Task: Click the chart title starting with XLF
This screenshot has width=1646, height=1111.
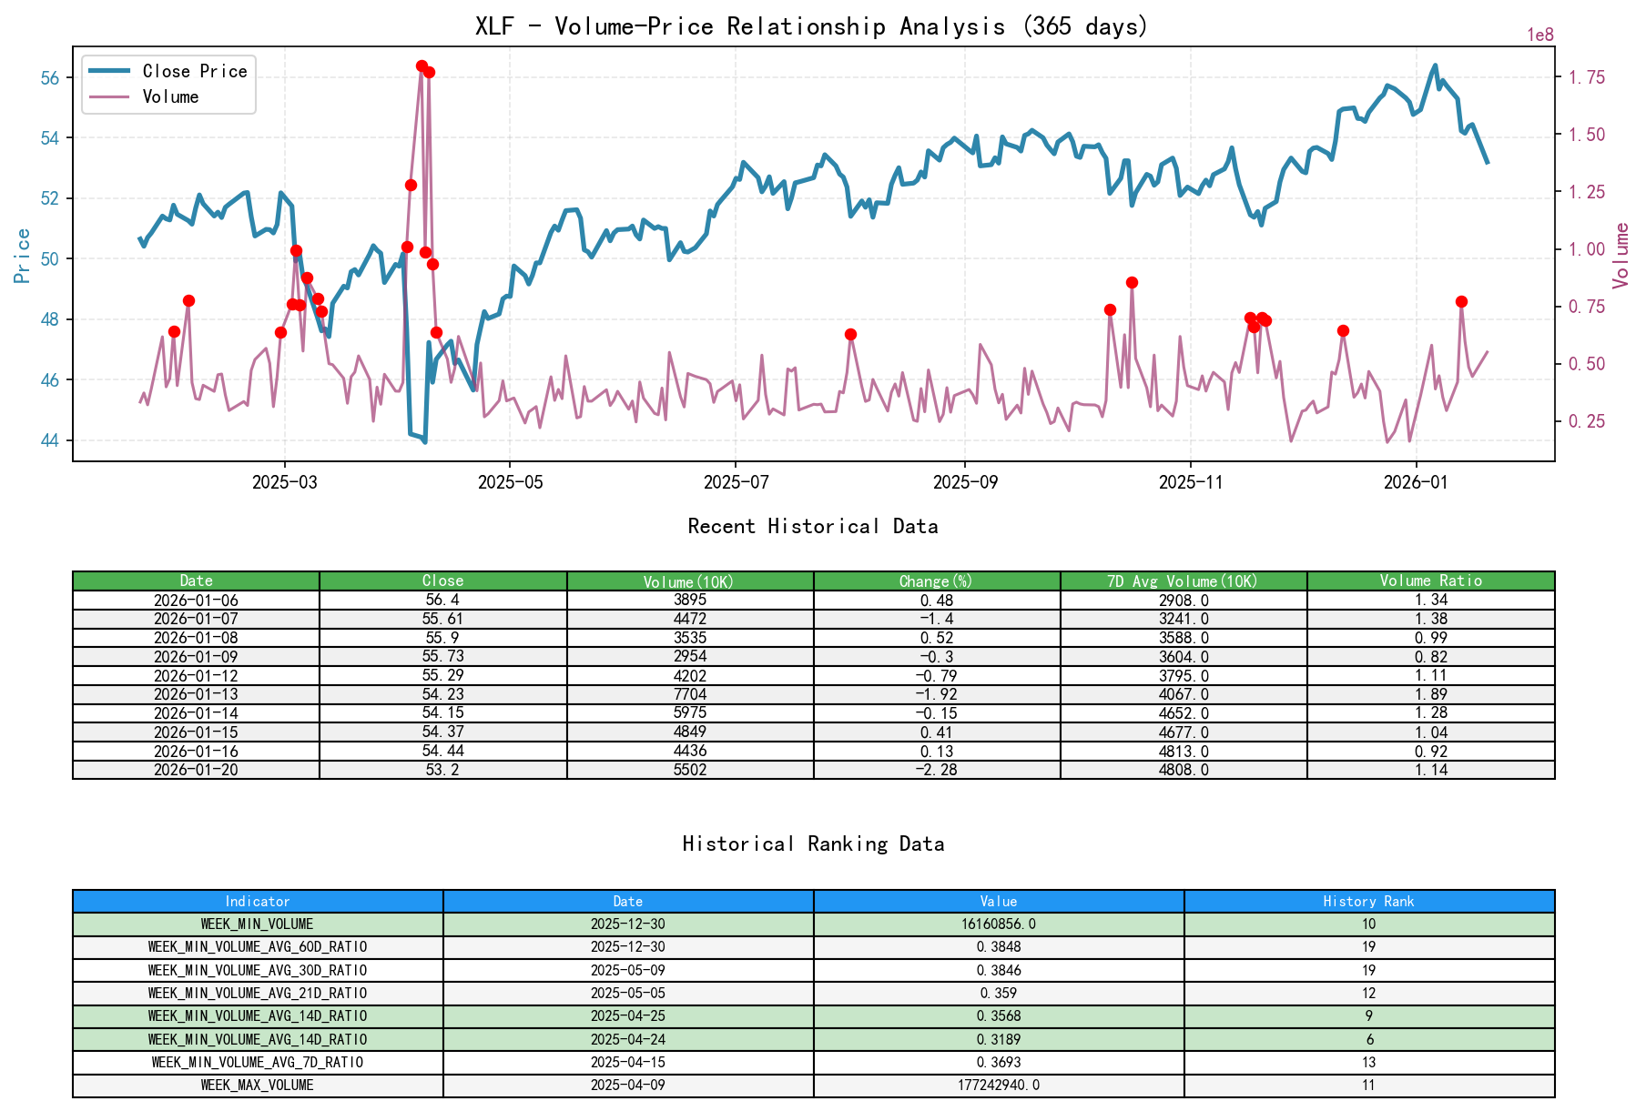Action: (x=811, y=26)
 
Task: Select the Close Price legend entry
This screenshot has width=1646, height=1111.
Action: (x=194, y=71)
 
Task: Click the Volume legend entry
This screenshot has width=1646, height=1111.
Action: (x=170, y=96)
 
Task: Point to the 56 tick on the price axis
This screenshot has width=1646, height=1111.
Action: (x=50, y=78)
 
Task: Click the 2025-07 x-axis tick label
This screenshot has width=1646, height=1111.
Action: (x=736, y=482)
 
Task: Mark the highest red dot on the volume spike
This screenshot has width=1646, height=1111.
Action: (x=422, y=66)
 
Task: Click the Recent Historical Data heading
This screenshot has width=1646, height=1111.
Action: (x=812, y=526)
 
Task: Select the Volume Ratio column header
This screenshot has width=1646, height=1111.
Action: (x=1430, y=581)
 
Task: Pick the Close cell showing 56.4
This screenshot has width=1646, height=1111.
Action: (x=442, y=600)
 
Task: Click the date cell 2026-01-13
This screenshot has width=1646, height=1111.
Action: (x=196, y=694)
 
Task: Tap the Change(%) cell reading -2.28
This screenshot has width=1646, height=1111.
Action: (x=936, y=770)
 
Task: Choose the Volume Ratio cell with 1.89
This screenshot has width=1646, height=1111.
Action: (x=1430, y=694)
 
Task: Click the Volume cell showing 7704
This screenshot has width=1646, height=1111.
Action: (x=689, y=694)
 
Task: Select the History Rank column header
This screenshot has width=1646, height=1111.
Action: (x=1368, y=901)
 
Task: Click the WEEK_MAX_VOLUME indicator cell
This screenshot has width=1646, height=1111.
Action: (x=257, y=1085)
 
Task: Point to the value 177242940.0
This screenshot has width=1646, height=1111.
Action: (x=998, y=1085)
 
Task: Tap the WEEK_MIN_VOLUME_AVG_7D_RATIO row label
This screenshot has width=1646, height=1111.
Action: (x=257, y=1062)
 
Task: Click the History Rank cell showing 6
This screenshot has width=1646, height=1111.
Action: (x=1368, y=1039)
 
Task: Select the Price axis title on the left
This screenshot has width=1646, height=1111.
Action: (x=23, y=256)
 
